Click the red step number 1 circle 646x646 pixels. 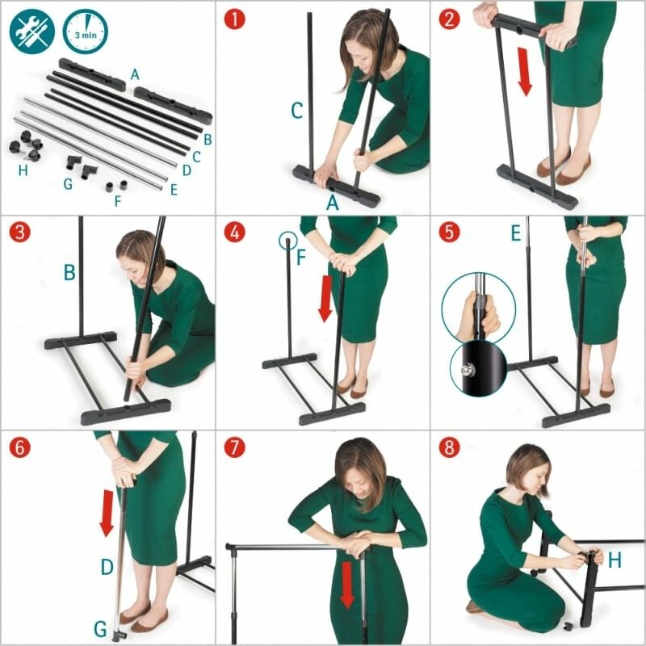[234, 19]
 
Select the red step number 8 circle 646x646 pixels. [449, 447]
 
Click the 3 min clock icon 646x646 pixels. [86, 31]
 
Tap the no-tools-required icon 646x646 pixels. [32, 31]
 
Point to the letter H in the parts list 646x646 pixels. [23, 170]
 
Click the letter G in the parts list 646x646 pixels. [68, 184]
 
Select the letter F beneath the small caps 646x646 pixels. [118, 201]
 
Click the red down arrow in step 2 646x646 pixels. [524, 72]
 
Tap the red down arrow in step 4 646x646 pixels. [326, 299]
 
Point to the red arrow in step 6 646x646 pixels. [107, 514]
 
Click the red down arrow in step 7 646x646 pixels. [347, 585]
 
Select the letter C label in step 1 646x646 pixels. [296, 111]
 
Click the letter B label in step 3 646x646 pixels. [69, 272]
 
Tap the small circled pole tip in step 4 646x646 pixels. [288, 241]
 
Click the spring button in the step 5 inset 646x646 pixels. [466, 371]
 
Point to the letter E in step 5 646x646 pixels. [516, 233]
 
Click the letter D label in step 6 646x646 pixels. [107, 567]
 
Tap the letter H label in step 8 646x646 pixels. [615, 560]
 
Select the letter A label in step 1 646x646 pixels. [333, 203]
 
